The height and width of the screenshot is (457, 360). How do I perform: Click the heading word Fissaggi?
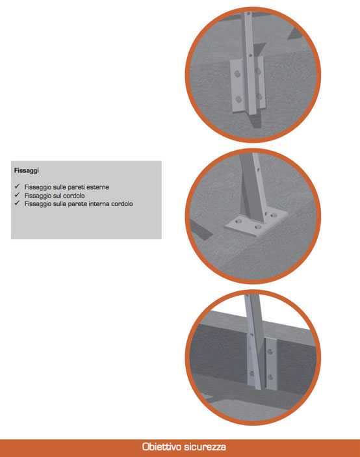(26, 170)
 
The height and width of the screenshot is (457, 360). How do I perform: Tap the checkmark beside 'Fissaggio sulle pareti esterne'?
(17, 186)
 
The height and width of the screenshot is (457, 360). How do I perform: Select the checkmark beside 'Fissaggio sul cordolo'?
(17, 194)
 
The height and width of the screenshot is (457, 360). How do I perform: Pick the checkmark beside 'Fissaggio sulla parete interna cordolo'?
(17, 203)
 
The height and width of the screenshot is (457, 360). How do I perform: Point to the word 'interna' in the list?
(99, 203)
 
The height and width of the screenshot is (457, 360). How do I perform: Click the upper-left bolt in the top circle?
(238, 74)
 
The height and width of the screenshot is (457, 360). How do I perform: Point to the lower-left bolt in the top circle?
(238, 99)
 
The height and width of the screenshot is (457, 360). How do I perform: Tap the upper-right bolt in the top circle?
(258, 71)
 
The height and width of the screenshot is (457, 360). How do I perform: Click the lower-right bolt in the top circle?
(259, 96)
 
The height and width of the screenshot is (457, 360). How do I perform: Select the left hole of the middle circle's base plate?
(239, 222)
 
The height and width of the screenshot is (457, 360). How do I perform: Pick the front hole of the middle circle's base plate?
(257, 227)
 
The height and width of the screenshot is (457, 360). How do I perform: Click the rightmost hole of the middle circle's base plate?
(274, 216)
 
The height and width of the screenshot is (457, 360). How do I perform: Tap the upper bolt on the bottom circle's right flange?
(270, 352)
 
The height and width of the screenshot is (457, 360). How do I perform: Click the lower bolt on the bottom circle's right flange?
(270, 377)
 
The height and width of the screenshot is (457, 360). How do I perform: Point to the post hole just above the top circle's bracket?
(251, 55)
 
